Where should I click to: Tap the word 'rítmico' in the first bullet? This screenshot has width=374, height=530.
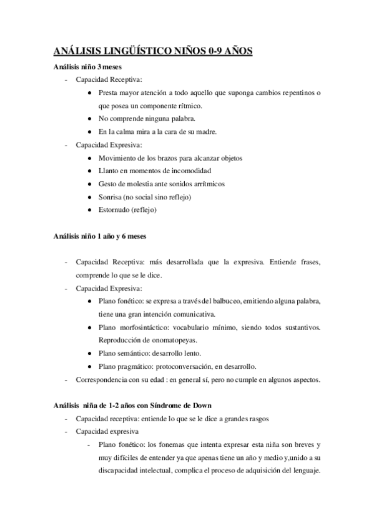pos(186,106)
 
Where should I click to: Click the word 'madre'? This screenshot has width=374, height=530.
pos(207,132)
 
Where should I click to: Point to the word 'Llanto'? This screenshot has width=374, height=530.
pos(108,171)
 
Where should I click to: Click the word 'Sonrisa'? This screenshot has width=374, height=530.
pos(110,197)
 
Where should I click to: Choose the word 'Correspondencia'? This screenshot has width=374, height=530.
pos(101,379)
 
